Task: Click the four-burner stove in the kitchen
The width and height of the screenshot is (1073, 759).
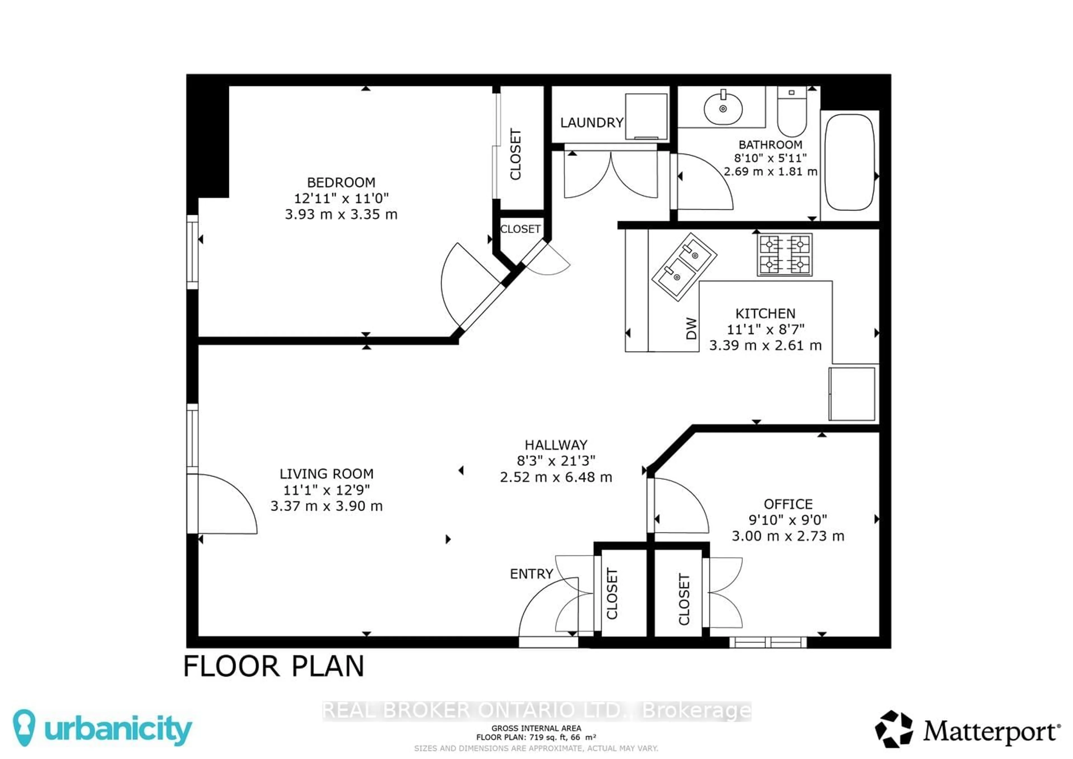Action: pos(785,255)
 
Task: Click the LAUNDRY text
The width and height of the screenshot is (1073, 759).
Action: pos(592,123)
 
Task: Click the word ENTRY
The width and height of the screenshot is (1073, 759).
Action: pos(531,574)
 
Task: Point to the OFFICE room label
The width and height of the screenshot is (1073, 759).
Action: pos(788,504)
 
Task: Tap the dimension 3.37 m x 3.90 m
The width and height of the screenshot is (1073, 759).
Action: pos(326,506)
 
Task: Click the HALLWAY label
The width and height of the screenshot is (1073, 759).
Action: pos(556,445)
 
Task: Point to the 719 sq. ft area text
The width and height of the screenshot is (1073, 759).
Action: pos(536,737)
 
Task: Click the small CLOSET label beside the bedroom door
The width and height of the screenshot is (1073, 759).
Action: pos(520,229)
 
